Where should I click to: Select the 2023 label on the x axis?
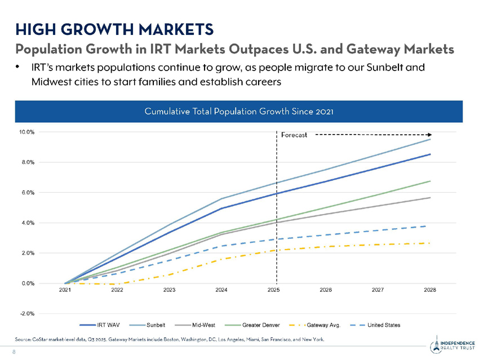point(170,291)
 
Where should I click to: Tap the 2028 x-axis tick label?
point(430,291)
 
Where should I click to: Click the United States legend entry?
point(384,325)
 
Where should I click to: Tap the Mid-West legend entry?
point(203,325)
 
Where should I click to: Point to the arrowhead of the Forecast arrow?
point(429,135)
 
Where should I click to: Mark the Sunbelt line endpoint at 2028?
point(430,139)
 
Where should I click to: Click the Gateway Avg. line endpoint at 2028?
point(430,243)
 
